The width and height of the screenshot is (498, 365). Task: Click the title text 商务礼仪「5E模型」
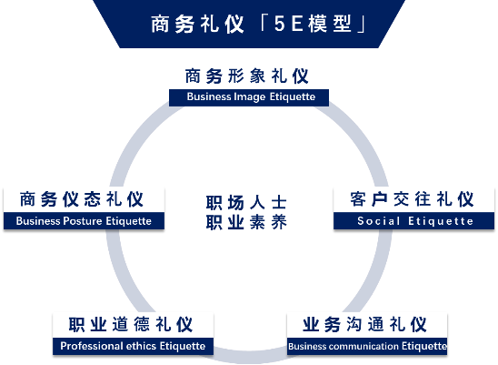pos(258,24)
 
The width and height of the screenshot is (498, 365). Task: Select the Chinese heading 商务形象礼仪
pos(247,76)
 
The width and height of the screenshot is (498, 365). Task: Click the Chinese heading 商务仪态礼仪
pos(82,199)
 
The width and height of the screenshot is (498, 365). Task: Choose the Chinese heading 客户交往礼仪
pos(412,199)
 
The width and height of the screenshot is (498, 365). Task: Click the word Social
pos(378,221)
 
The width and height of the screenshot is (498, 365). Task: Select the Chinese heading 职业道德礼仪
pos(131,324)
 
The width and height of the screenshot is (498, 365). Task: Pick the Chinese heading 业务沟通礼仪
pos(364,324)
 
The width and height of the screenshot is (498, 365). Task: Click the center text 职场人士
pos(246,203)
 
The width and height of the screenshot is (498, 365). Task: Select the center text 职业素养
pos(246,222)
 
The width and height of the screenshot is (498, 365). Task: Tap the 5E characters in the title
pos(288,24)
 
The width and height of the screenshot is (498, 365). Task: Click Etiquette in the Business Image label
pos(293,96)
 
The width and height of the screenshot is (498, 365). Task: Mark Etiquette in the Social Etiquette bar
pos(441,221)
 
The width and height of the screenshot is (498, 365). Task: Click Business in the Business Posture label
pos(38,221)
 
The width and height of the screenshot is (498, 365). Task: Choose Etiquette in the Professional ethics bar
pos(183,346)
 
